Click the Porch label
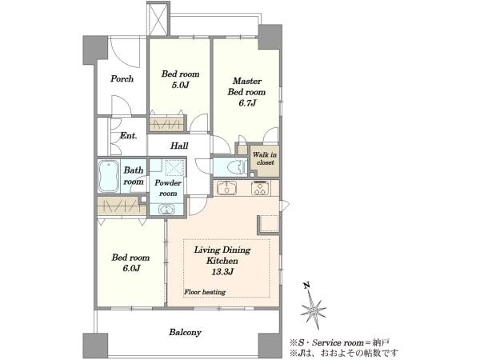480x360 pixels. click(122, 79)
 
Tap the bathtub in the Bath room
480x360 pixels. click(108, 176)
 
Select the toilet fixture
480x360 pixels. click(238, 167)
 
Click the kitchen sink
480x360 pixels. click(226, 188)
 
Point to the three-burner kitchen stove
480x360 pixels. click(260, 188)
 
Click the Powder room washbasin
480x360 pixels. click(166, 210)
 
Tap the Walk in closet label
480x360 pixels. click(265, 158)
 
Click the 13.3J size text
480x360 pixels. click(222, 272)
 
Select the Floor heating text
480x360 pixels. click(205, 292)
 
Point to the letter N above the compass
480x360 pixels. click(306, 286)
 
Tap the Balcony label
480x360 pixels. click(186, 332)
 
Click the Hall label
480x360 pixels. click(179, 146)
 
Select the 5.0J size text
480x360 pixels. click(180, 85)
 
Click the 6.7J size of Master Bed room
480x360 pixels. click(247, 103)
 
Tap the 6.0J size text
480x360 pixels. click(131, 269)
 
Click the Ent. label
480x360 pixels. click(128, 136)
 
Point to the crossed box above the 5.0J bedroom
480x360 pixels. click(158, 19)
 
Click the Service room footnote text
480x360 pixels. click(340, 342)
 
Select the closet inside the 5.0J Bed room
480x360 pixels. click(168, 124)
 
